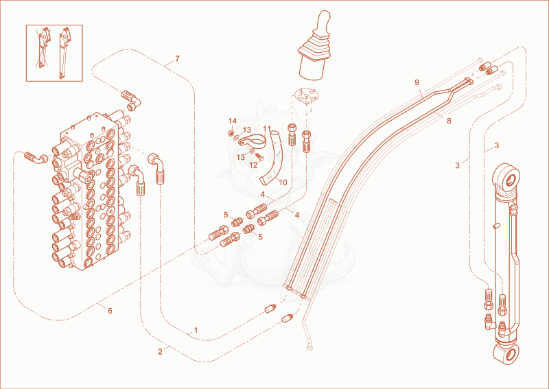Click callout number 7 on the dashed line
pos(178,59)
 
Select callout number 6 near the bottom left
pos(110,311)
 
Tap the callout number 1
pos(196,330)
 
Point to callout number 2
pos(160,352)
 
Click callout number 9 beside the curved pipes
pos(417,82)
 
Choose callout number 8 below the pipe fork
pos(449,121)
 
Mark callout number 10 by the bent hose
pos(283,182)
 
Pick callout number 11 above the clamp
pos(267,129)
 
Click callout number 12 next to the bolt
pos(253,165)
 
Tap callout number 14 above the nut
pos(233,121)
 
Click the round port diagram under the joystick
pos(305,95)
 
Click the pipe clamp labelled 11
pos(253,141)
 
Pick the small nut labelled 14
pos(231,132)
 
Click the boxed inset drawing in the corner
pos(54,53)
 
